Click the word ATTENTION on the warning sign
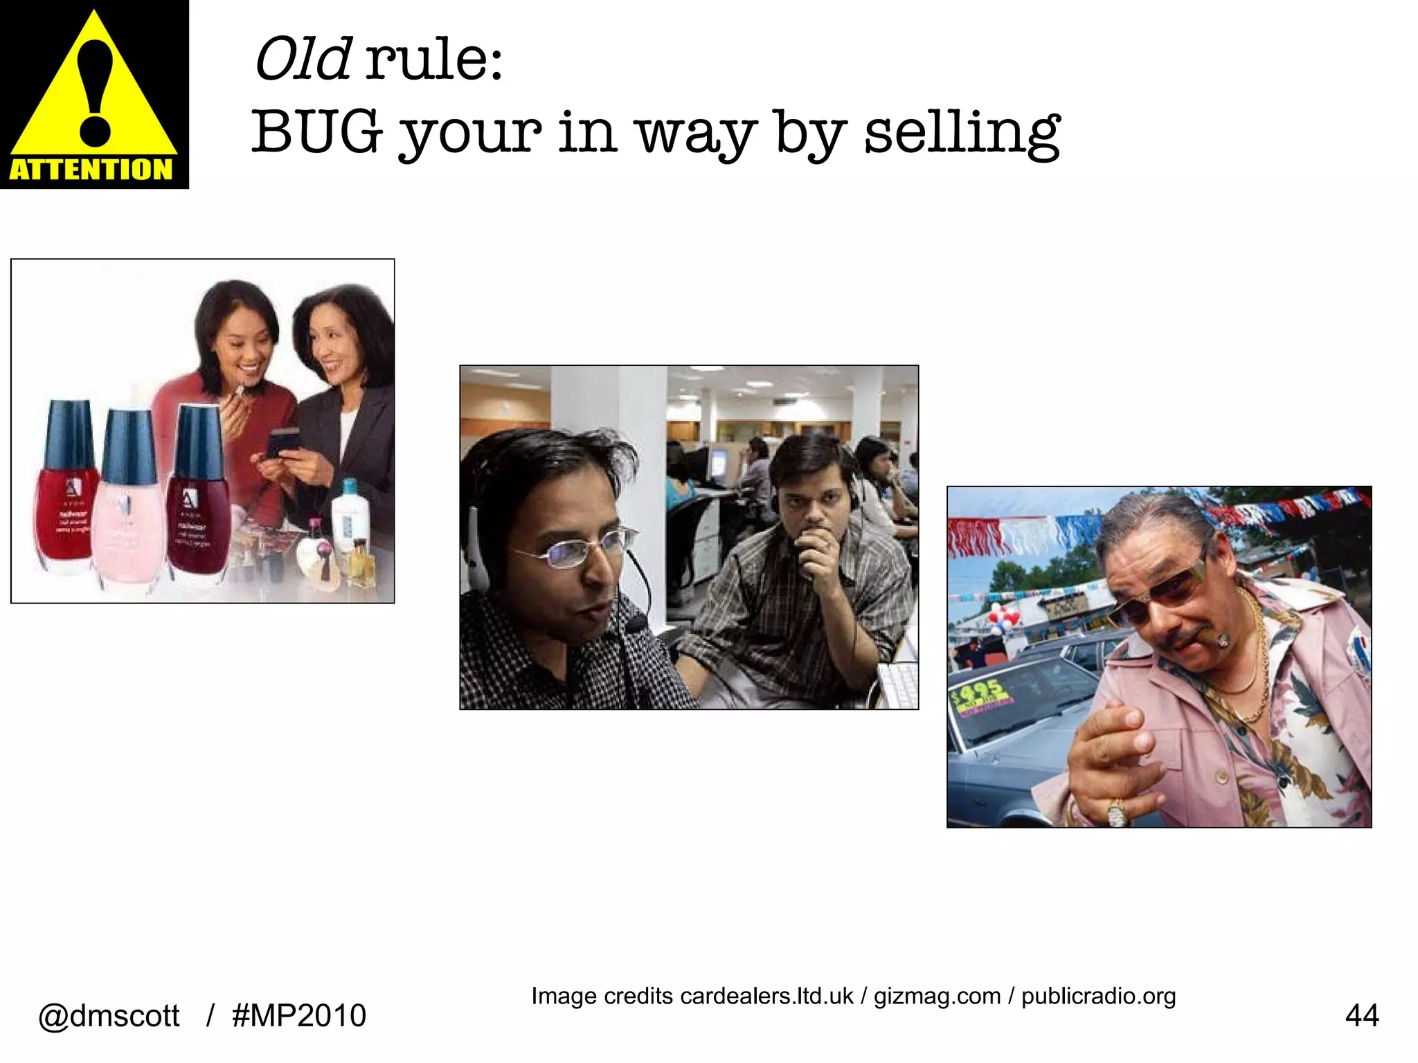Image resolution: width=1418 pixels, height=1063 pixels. [x=91, y=170]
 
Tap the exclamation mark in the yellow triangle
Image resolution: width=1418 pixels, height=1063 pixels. [x=95, y=90]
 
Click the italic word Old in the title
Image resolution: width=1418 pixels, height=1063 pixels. [x=303, y=60]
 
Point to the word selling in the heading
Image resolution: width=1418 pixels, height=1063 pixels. [x=962, y=133]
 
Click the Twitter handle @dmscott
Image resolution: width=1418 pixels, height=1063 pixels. [x=109, y=1016]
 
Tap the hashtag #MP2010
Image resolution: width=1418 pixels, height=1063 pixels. [x=299, y=1016]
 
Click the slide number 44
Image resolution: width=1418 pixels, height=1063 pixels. [x=1361, y=1016]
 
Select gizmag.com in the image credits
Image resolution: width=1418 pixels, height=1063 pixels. [x=937, y=996]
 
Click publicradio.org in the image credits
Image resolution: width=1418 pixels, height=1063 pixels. [x=1098, y=996]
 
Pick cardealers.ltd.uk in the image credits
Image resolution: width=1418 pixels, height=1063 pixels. [x=766, y=996]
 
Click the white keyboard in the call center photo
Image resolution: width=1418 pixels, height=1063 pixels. [x=898, y=685]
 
